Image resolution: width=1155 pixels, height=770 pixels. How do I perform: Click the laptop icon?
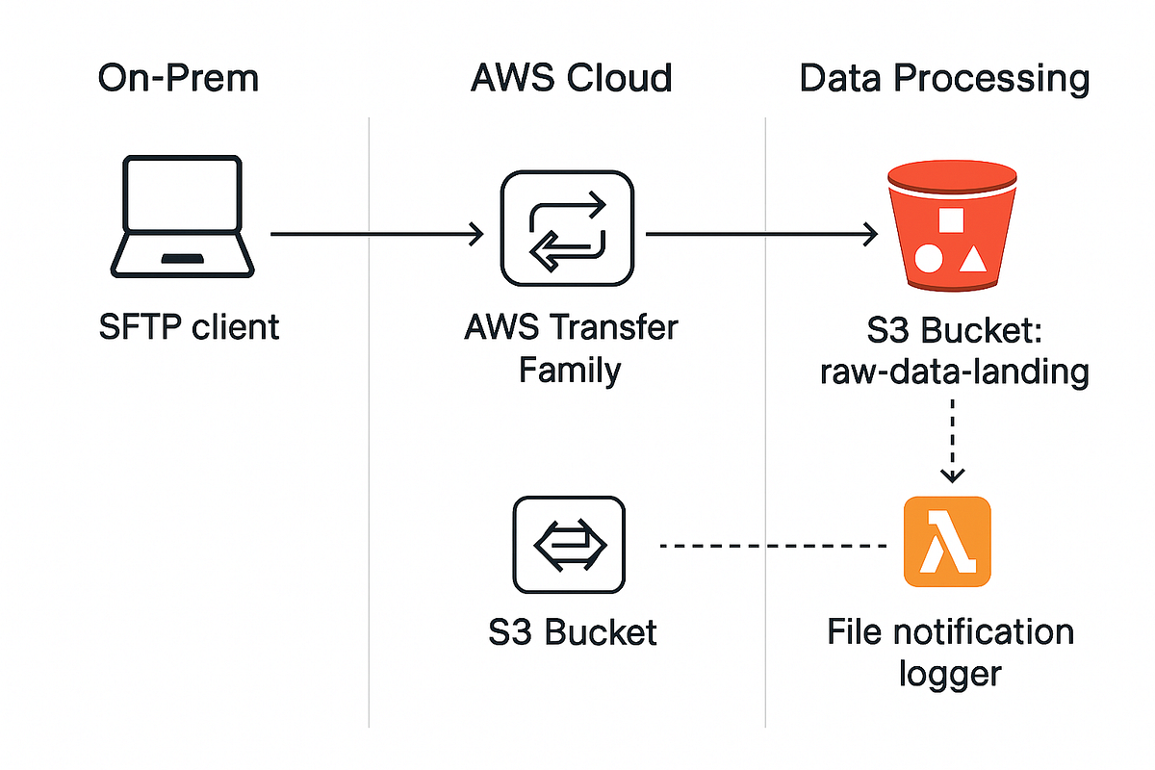[x=183, y=216]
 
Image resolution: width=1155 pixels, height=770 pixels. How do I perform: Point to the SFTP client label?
[x=189, y=327]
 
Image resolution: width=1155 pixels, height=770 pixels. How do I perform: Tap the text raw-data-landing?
[x=954, y=372]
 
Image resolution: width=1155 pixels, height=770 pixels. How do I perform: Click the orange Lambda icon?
[x=947, y=541]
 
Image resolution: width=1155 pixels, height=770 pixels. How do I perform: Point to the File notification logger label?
[x=950, y=653]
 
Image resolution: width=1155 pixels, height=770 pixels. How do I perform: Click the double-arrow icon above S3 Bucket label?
[x=569, y=545]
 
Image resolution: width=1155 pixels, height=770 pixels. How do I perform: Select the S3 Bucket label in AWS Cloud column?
[x=572, y=632]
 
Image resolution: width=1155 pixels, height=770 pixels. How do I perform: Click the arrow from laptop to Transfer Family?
[x=376, y=233]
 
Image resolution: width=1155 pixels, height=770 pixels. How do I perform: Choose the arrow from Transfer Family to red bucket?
[x=761, y=233]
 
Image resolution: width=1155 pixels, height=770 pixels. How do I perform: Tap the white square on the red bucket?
[x=951, y=220]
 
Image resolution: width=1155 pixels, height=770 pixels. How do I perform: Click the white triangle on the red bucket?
[x=972, y=257]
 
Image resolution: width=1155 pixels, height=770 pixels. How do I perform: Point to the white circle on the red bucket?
[x=928, y=257]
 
